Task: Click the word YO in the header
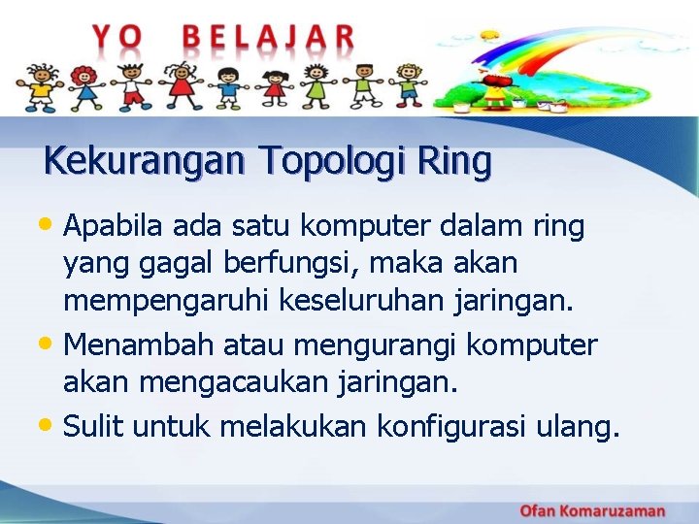click(116, 37)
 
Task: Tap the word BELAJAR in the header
click(269, 37)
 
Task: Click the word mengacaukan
click(218, 382)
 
